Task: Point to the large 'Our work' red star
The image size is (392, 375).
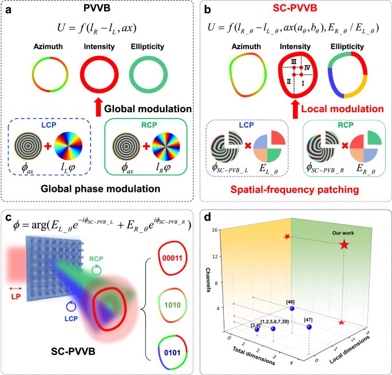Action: pyautogui.click(x=344, y=245)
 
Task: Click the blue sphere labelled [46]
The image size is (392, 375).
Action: pyautogui.click(x=292, y=309)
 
